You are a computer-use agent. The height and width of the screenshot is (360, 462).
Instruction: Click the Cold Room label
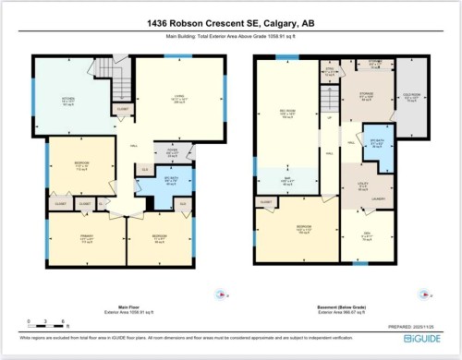413,102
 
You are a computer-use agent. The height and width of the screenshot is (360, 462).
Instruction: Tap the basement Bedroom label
300,230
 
